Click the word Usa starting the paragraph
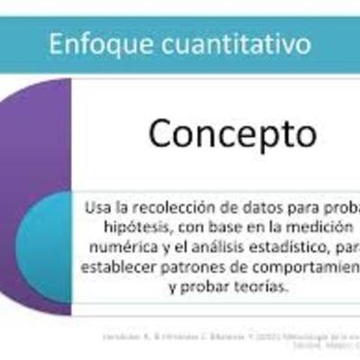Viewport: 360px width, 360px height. [x=97, y=208]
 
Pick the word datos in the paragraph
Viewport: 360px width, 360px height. [x=248, y=208]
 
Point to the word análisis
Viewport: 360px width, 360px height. [x=216, y=247]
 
